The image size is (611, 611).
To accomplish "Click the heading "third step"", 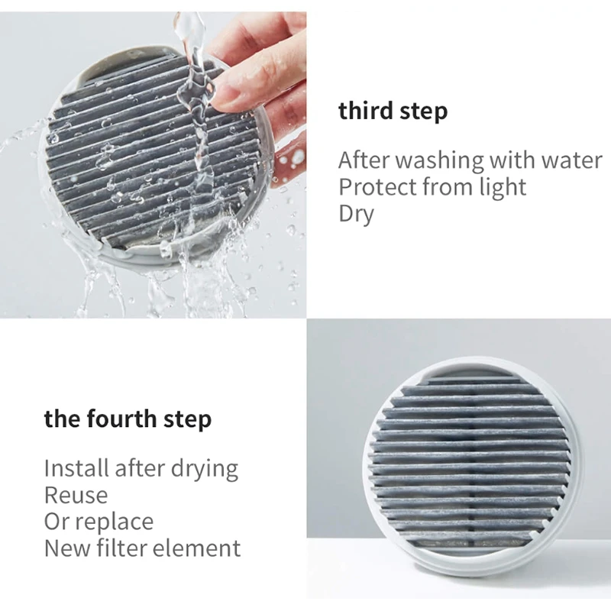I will point(393,112).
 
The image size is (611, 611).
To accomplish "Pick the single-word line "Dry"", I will point(356,214).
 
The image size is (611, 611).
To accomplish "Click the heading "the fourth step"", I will point(128,419).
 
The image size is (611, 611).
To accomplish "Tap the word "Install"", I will point(76,468).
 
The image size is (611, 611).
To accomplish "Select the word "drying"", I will point(202,468).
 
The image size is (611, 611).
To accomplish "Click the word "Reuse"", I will point(76,495).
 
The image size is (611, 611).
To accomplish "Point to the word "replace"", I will point(114,522).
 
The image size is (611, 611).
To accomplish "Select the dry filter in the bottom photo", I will point(469,466).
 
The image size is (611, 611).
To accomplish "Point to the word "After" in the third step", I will point(363,161).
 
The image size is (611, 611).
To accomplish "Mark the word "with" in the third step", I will point(506,161).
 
